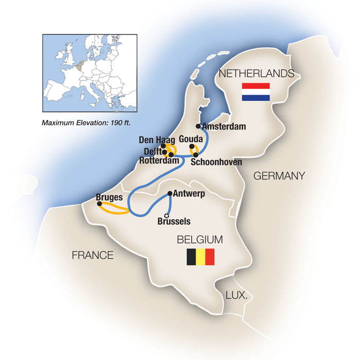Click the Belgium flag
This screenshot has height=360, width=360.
pyautogui.click(x=200, y=256)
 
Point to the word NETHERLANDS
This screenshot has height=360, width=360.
pyautogui.click(x=257, y=74)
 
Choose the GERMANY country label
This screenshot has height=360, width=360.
pyautogui.click(x=279, y=176)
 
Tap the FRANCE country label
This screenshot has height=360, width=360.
pyautogui.click(x=93, y=254)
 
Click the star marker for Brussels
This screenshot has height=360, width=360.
pyautogui.click(x=166, y=215)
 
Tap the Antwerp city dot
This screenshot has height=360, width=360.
pyautogui.click(x=170, y=194)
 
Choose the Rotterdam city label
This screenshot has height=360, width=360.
pyautogui.click(x=160, y=161)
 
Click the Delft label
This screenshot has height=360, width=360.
pyautogui.click(x=150, y=151)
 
